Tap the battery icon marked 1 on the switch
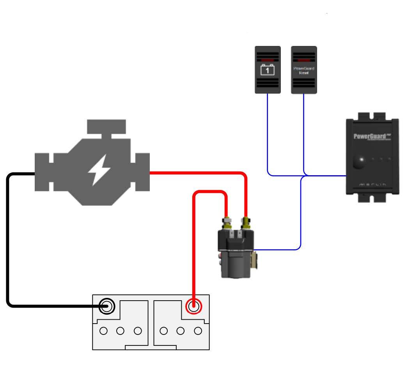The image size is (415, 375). tap(268, 70)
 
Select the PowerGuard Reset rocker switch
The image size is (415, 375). tap(304, 70)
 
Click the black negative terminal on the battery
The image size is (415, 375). tap(106, 307)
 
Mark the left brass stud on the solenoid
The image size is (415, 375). tap(226, 223)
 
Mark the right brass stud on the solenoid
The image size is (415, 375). tap(245, 223)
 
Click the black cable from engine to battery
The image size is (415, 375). tap(8, 241)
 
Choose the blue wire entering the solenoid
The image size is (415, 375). tap(277, 249)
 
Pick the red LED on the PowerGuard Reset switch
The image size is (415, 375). tap(304, 60)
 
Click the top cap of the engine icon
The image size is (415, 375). tap(106, 126)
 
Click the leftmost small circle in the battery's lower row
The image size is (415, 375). tap(103, 331)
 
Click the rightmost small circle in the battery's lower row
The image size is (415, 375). tap(198, 331)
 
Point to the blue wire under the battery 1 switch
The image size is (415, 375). tap(268, 132)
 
